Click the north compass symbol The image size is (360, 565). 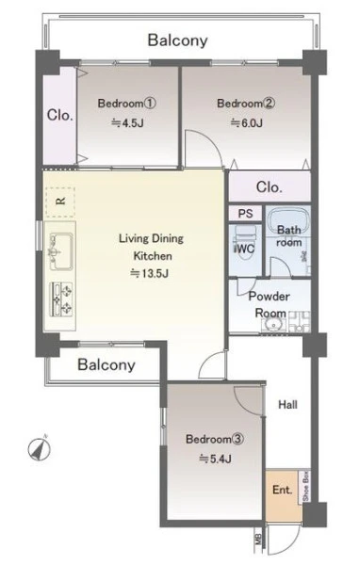(40, 449)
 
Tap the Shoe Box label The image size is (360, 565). (306, 487)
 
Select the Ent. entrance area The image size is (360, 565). (284, 494)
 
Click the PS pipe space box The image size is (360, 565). (245, 214)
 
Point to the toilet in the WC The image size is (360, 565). (245, 243)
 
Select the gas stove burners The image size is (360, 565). (61, 299)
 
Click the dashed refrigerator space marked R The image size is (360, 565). (60, 202)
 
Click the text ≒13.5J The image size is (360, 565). (149, 273)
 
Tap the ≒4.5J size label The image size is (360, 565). (127, 123)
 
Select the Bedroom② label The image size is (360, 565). (246, 104)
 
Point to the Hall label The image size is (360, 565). (287, 405)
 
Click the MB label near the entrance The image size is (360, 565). (258, 541)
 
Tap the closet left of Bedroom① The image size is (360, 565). (60, 115)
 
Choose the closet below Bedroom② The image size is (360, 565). (270, 186)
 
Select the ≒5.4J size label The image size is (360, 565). (216, 460)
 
